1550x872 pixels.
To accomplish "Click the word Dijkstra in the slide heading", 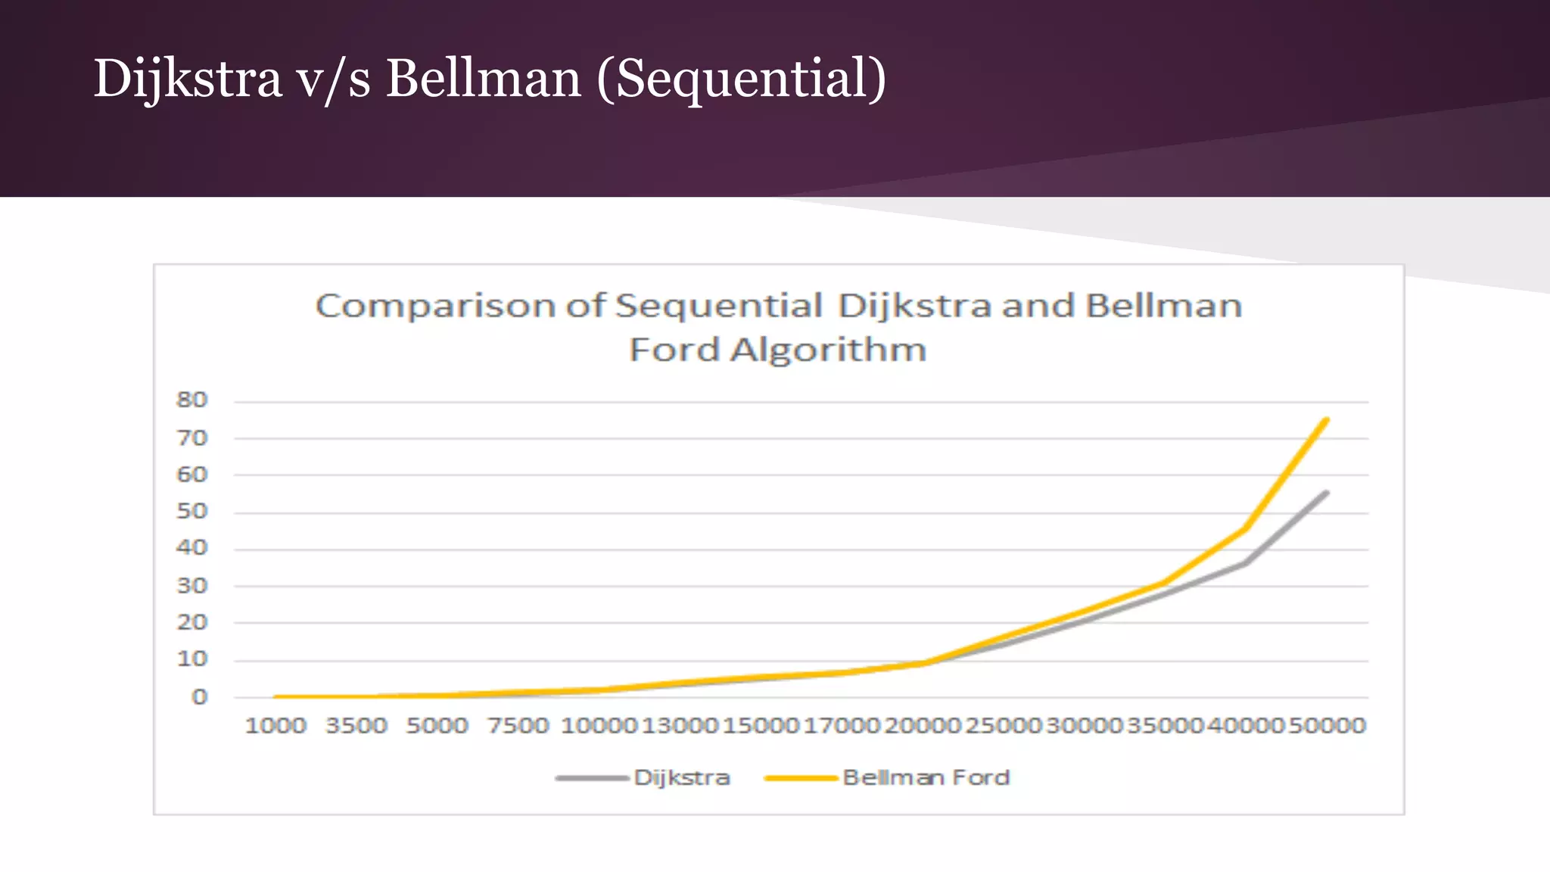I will click(188, 79).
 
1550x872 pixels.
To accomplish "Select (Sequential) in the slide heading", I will click(741, 79).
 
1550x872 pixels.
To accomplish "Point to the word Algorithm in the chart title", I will click(828, 350).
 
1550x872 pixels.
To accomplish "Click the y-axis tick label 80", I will click(191, 400).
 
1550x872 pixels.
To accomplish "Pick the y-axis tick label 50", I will click(191, 512).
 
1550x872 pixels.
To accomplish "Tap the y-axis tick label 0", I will click(199, 697).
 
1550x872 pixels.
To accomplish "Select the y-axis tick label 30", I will click(191, 586).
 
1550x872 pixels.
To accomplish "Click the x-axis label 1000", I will click(275, 726).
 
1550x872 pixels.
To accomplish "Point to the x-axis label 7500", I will click(518, 726).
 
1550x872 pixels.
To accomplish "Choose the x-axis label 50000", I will click(1327, 726).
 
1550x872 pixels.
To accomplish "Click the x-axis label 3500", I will click(356, 726).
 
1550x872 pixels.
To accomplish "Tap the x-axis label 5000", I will click(437, 726).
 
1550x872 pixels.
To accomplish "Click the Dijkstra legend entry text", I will click(682, 778).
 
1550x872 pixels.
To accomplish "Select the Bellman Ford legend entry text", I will click(926, 778).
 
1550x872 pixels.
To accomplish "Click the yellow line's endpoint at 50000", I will click(1327, 420).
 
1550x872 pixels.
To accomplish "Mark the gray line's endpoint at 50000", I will click(1327, 493).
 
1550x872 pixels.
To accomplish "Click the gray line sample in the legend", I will click(592, 778).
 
